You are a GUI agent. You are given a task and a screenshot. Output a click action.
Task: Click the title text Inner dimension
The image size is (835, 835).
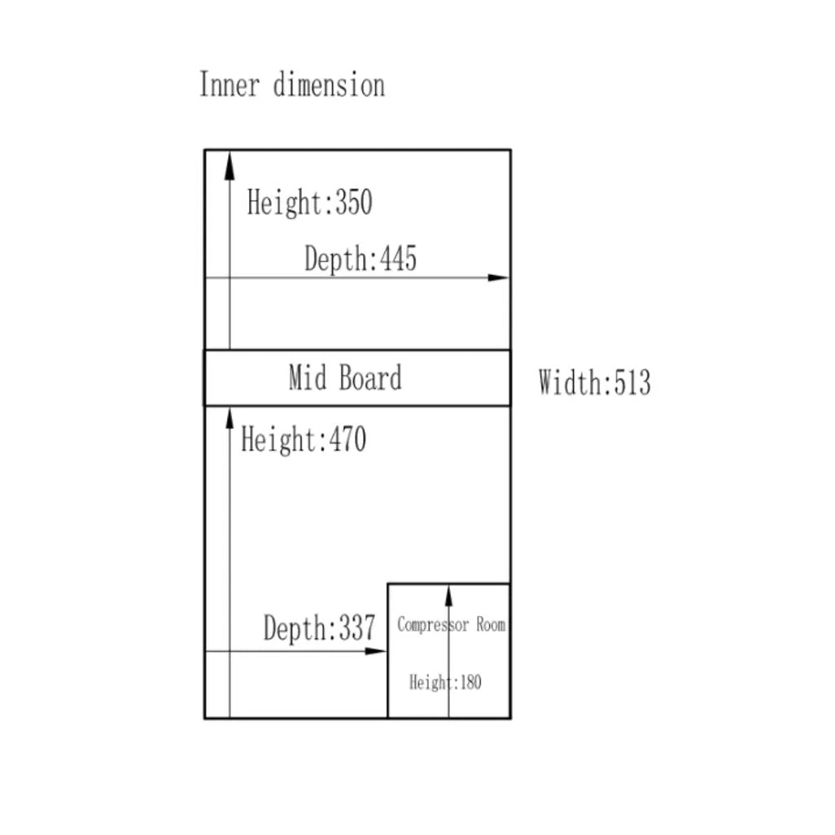tap(292, 85)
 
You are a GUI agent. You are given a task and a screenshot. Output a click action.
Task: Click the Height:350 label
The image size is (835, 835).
tap(309, 203)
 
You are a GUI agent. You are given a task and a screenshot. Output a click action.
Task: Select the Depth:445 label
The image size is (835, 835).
tap(361, 260)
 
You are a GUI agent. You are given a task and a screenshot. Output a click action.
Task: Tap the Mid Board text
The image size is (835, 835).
tap(345, 378)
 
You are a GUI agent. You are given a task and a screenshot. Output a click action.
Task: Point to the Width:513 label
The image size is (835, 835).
tap(594, 382)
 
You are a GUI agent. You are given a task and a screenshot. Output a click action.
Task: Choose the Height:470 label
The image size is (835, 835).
tap(304, 440)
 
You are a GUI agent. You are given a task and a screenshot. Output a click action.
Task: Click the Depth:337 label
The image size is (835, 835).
tap(319, 628)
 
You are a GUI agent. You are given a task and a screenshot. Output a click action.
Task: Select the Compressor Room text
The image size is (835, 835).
tap(451, 625)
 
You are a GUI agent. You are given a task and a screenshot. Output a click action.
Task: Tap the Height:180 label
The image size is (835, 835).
tap(445, 682)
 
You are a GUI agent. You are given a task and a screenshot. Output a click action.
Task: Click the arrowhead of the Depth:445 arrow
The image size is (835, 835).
tap(499, 278)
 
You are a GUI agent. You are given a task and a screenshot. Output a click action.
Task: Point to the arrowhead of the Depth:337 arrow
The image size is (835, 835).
tap(377, 651)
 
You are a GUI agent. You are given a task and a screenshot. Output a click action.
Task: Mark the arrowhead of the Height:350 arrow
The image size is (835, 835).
tap(230, 164)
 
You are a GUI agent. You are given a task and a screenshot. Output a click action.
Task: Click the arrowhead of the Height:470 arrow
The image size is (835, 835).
tap(230, 419)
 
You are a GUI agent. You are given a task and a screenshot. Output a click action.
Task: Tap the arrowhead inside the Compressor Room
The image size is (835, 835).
tap(448, 595)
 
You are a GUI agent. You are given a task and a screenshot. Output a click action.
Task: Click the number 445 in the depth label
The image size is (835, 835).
tap(398, 260)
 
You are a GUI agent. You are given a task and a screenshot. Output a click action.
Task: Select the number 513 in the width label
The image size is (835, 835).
tap(632, 382)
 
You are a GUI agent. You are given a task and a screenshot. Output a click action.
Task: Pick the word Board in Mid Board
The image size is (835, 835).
tap(370, 378)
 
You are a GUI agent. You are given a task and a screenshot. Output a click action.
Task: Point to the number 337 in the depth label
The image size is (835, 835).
tap(356, 628)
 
